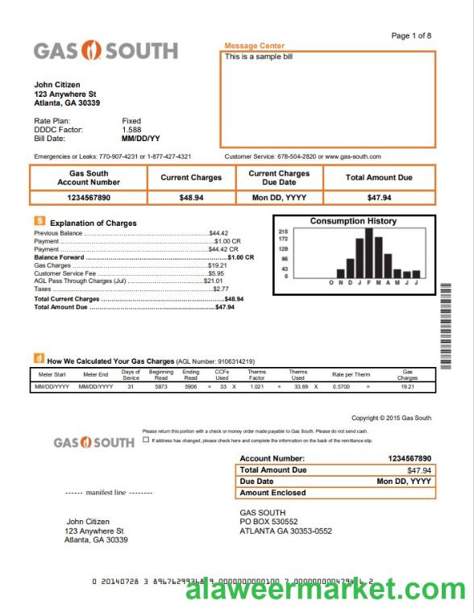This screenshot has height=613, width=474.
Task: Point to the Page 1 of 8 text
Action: [411, 35]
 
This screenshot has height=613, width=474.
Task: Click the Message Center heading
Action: [254, 46]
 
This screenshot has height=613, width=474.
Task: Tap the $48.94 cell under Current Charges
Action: [192, 198]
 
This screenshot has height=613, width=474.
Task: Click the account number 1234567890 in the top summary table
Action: [89, 198]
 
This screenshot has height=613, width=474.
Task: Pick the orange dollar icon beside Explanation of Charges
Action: [39, 220]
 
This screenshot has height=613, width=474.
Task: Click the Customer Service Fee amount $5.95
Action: [216, 273]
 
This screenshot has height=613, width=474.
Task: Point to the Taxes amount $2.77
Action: [221, 289]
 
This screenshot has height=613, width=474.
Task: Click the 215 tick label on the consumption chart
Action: [283, 231]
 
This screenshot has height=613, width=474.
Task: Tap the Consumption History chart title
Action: [353, 221]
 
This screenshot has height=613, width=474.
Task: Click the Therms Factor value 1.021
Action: [257, 387]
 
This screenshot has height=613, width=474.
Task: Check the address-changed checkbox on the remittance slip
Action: [145, 440]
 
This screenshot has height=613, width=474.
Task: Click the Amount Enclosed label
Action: [272, 493]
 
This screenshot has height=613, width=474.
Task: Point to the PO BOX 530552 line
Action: [268, 522]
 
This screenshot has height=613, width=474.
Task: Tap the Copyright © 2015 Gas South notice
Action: [391, 418]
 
